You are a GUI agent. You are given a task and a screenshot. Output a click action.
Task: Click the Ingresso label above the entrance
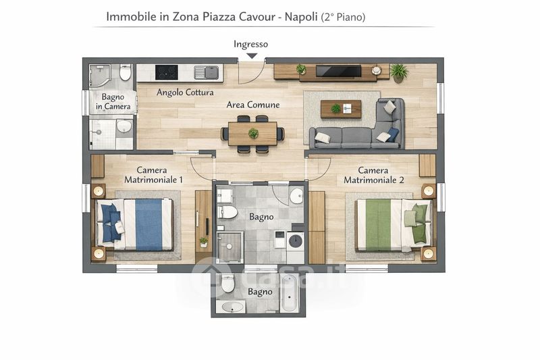point(250,45)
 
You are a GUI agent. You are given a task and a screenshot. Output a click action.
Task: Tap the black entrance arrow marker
point(252,56)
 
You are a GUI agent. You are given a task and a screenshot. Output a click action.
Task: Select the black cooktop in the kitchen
point(167,72)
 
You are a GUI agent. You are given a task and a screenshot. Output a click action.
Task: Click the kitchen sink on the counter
point(207,72)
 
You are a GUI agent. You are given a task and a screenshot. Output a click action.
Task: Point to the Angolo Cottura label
point(185,93)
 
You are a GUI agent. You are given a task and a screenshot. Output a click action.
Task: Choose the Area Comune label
point(252,105)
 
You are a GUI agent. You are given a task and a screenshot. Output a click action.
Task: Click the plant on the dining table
point(253,133)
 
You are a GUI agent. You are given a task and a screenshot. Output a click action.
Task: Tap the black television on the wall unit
point(339,71)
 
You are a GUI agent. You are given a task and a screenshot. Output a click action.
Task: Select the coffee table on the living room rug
point(341,109)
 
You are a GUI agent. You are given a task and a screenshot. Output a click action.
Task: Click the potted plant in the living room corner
point(399,73)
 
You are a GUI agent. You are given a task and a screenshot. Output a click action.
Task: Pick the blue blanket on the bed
point(148,224)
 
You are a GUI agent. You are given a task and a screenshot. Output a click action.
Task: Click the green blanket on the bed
point(378,225)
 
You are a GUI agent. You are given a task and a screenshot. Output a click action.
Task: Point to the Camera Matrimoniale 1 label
point(153,175)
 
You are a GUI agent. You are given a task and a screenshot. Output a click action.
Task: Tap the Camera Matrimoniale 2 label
point(374,175)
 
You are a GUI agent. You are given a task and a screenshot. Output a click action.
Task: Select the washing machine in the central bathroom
point(296,243)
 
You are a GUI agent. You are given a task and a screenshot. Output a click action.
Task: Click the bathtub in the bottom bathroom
point(290,293)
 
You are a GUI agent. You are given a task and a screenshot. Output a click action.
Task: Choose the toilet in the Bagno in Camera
point(126,72)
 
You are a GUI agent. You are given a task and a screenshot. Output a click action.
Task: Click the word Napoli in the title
point(301,16)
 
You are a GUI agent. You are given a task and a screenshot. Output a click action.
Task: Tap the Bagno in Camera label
point(113,101)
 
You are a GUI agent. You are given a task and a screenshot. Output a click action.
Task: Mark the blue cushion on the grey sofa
point(392,134)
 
